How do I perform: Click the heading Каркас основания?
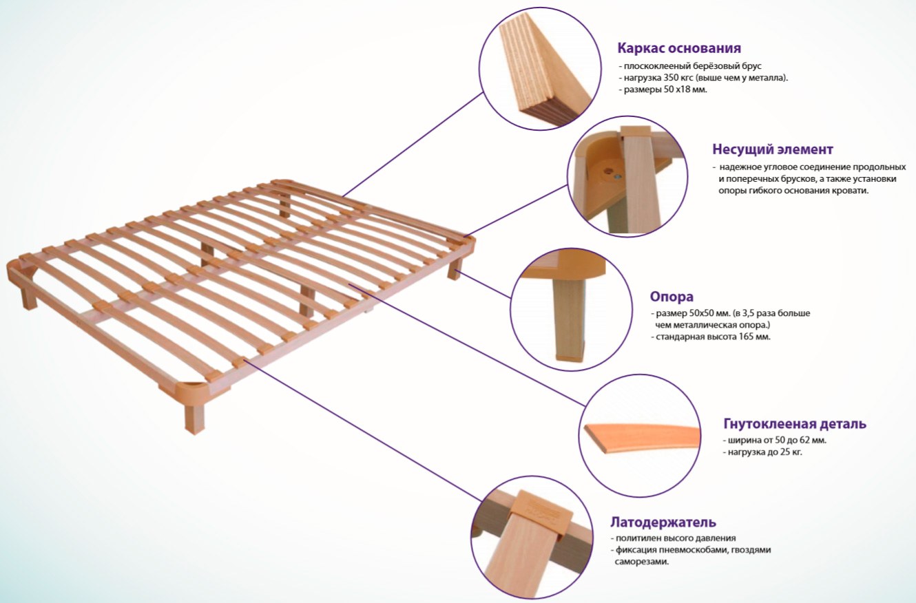point(679,47)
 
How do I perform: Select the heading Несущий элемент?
point(773,149)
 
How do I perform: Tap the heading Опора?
point(672,297)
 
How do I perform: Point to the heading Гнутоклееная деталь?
point(795,423)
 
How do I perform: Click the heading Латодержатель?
point(663,522)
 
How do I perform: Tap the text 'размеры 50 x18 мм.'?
point(665,89)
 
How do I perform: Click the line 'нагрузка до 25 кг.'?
point(764,452)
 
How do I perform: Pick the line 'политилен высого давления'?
point(676,538)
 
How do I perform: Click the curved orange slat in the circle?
point(642,438)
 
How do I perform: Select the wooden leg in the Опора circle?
point(570,319)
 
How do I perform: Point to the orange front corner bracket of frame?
point(191,388)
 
